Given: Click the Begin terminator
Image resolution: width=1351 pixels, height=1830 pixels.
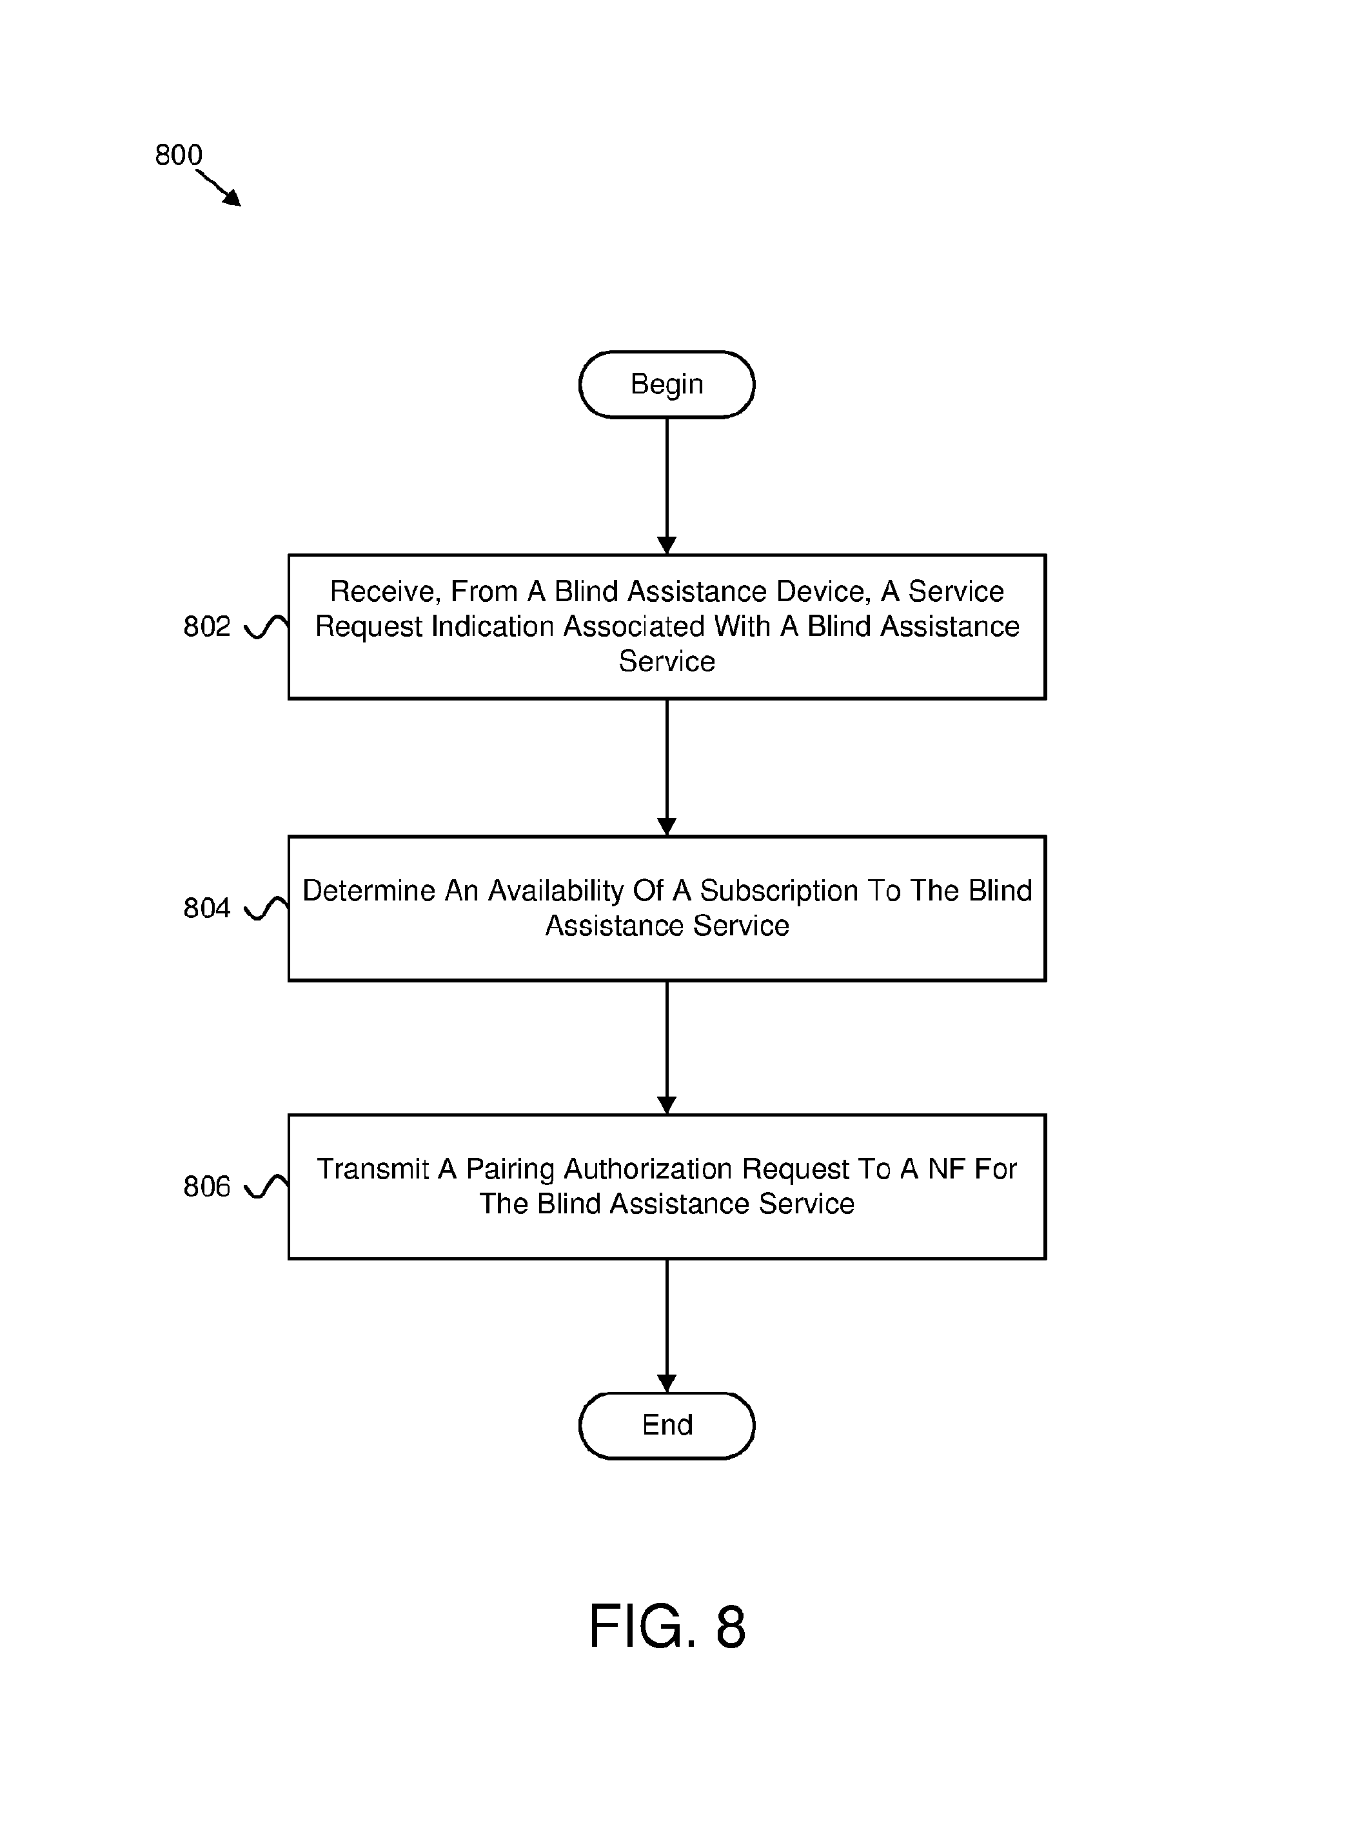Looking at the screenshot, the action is click(667, 384).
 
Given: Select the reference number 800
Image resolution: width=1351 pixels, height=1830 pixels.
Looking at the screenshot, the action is click(178, 155).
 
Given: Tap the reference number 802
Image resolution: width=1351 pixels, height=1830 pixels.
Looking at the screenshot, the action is click(207, 626).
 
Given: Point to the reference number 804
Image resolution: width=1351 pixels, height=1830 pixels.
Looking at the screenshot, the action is click(207, 908).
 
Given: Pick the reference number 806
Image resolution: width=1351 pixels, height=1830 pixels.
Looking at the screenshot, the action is click(207, 1186).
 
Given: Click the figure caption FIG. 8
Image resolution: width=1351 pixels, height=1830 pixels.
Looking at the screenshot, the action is click(667, 1626).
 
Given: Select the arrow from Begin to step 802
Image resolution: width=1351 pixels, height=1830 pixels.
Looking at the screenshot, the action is click(667, 486).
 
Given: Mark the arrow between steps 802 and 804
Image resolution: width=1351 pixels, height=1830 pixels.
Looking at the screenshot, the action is click(667, 768).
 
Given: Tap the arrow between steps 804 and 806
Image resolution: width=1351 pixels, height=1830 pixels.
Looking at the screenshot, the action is click(667, 1047).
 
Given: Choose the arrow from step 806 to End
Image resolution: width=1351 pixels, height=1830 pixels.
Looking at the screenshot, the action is click(667, 1326).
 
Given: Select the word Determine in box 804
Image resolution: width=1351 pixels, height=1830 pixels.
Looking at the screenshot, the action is click(369, 891).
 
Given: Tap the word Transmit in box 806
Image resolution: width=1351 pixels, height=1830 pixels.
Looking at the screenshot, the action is click(373, 1169).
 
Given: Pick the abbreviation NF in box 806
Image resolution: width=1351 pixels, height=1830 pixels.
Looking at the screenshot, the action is click(946, 1169).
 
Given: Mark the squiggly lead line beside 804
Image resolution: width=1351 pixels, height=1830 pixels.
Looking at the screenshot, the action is click(266, 908).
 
